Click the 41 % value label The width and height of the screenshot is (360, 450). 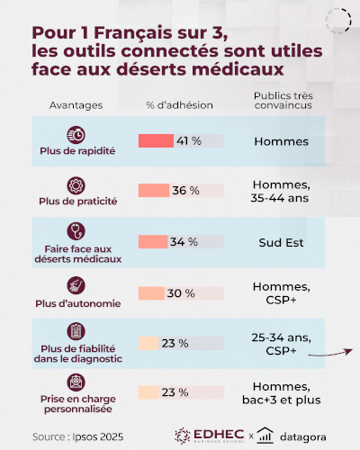click(x=188, y=141)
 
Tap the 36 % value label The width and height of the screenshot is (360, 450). click(x=186, y=191)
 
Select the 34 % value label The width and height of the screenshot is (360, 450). click(x=184, y=242)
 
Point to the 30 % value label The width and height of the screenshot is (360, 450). click(x=182, y=293)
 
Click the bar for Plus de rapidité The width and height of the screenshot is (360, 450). click(x=156, y=141)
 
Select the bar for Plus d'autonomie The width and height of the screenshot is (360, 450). click(x=151, y=293)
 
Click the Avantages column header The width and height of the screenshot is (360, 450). click(x=77, y=105)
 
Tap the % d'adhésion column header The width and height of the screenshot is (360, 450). click(x=180, y=105)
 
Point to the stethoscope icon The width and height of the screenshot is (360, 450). click(x=77, y=232)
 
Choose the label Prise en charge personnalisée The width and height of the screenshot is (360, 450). click(x=77, y=402)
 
